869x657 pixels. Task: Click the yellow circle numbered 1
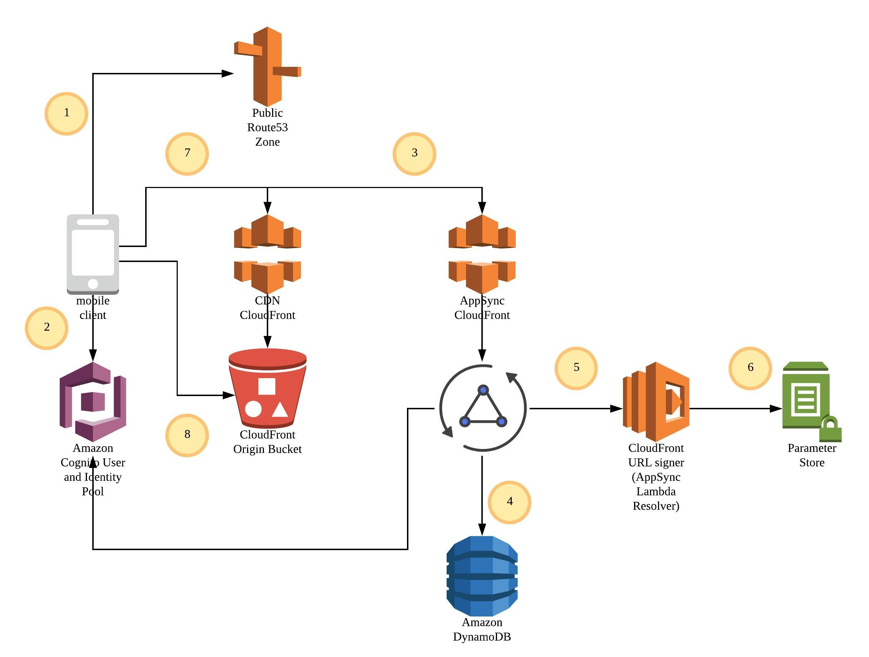pos(66,114)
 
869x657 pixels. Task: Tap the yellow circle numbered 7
pos(187,154)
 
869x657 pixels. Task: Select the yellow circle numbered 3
pos(414,154)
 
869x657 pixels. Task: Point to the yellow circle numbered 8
pos(187,435)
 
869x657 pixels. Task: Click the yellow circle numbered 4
pos(509,502)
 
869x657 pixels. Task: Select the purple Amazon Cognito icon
pos(93,401)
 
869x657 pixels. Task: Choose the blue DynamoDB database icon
pos(482,576)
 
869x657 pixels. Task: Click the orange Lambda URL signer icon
pos(656,401)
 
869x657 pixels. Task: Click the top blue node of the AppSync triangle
pos(483,390)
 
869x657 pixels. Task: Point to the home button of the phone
pos(93,283)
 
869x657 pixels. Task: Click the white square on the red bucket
pos(267,386)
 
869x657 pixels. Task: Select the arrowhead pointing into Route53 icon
pos(227,73)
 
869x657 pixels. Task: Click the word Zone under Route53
pos(267,142)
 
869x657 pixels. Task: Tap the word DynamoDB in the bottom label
pos(482,637)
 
